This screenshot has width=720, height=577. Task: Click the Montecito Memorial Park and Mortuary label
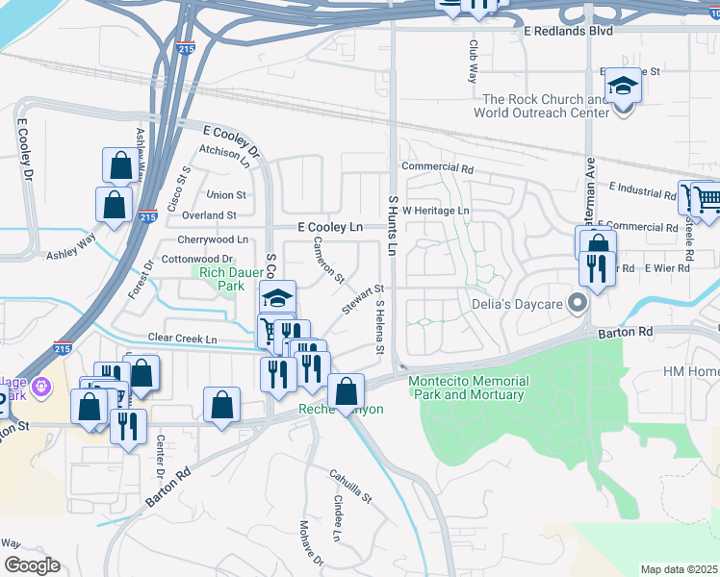467,388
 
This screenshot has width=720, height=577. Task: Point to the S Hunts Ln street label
393,225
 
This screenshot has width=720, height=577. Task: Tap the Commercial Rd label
438,167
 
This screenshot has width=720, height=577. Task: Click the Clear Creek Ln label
182,339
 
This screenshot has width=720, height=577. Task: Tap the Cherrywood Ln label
213,239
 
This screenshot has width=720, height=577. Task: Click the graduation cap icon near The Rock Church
624,87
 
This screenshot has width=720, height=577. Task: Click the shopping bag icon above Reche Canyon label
346,390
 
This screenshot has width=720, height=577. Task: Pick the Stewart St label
362,299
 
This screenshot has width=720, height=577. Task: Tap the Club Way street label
473,60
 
